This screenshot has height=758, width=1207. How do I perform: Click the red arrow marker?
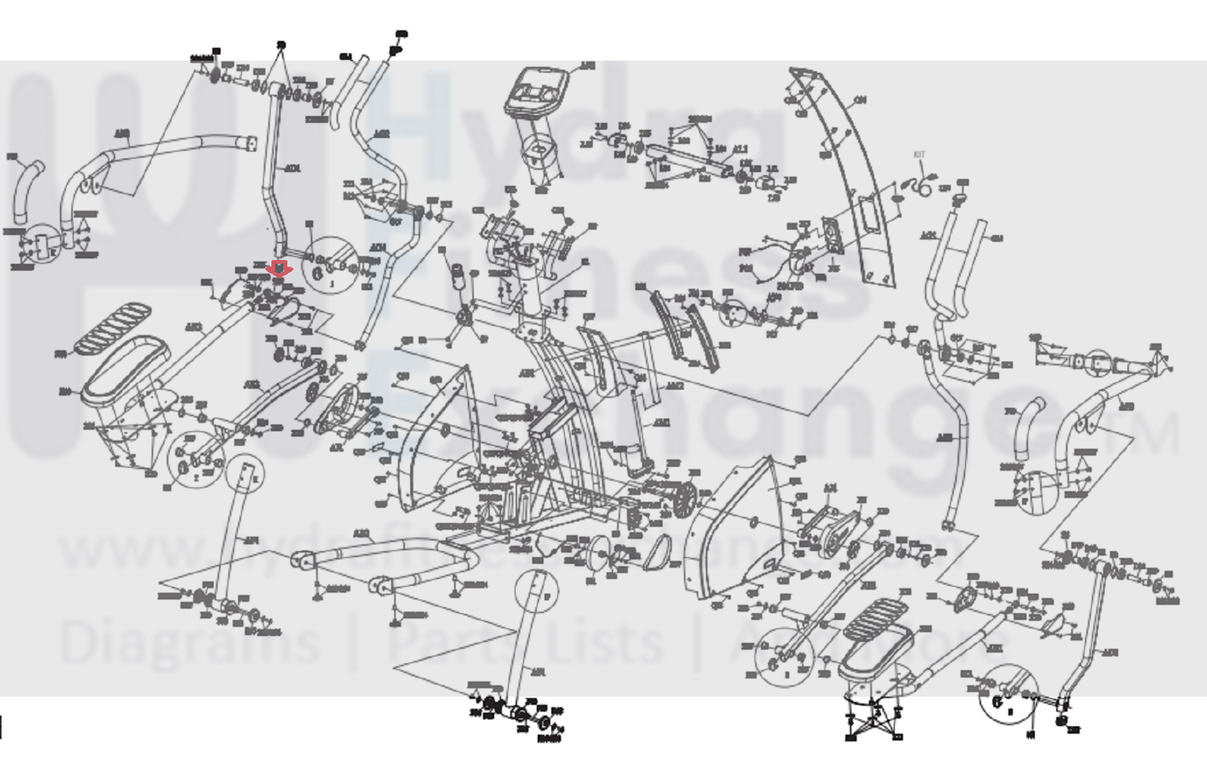tap(279, 269)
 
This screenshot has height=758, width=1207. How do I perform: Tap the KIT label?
tap(919, 155)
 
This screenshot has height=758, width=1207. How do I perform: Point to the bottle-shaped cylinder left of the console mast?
tap(458, 278)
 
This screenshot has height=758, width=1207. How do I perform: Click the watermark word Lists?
tap(599, 642)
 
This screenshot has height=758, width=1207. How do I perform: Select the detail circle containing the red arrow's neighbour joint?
tap(332, 264)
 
